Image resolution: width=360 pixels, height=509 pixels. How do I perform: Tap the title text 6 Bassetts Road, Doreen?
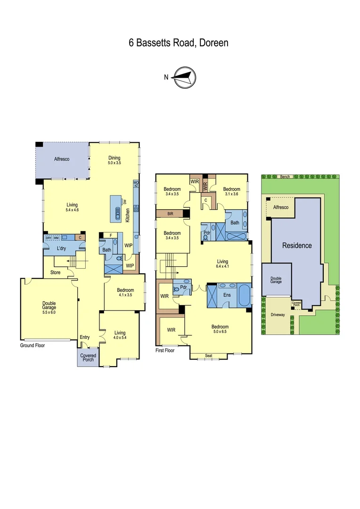pos(179,43)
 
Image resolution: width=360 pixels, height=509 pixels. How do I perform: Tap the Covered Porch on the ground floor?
pos(88,358)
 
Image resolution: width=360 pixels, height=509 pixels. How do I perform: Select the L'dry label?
pos(61,248)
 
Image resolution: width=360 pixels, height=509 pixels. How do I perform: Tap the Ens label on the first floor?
pos(227,295)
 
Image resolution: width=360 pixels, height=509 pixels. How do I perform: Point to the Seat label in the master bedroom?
pos(209,356)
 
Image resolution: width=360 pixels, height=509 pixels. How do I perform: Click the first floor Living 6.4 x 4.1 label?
pos(222,264)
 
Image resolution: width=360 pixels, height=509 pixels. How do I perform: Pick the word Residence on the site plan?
pos(297,246)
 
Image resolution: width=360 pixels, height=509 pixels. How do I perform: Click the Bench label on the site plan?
pos(285,177)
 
